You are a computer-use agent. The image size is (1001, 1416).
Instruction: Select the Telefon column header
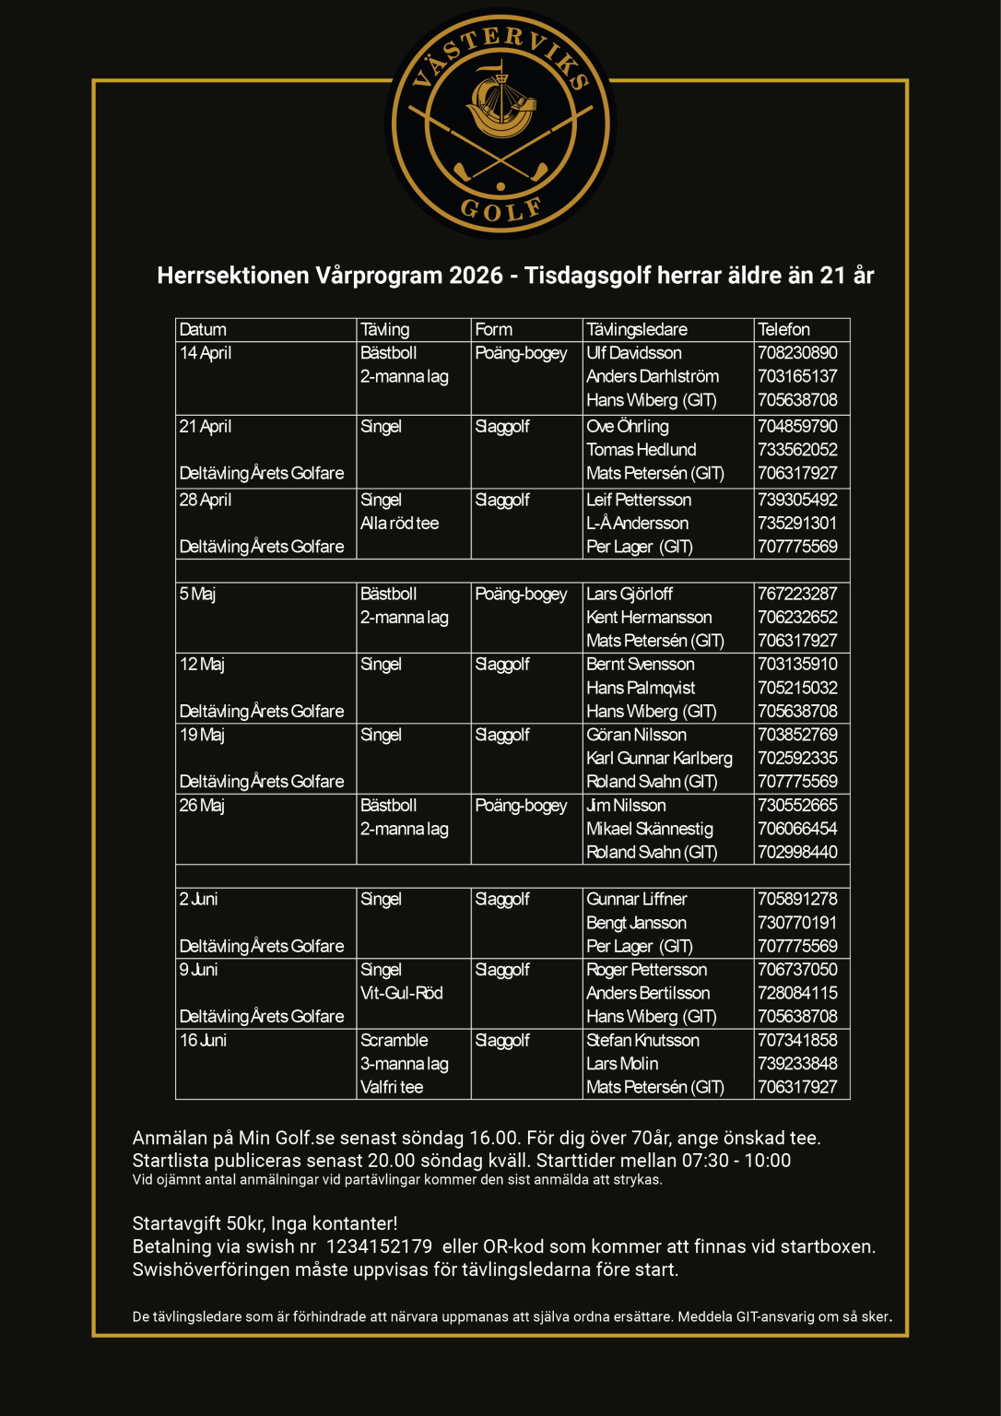783,330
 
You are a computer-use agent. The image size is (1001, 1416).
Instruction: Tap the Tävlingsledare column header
637,330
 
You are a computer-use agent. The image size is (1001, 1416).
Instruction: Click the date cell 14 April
206,353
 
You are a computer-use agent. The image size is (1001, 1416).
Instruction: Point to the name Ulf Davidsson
634,353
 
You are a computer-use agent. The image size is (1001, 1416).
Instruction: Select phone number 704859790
797,427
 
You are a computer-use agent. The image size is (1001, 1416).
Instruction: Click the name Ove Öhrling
628,427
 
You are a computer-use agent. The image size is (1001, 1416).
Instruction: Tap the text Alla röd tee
399,524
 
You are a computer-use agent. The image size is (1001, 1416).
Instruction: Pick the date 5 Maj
197,595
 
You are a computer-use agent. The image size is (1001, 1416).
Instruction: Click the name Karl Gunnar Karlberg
659,759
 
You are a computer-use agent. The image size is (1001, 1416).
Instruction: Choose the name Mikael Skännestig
650,829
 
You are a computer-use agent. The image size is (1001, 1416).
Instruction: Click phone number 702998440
797,853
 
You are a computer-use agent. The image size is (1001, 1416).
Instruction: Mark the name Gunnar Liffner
637,900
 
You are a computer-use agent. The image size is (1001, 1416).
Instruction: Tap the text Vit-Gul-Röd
402,993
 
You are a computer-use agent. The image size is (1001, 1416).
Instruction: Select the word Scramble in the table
395,1041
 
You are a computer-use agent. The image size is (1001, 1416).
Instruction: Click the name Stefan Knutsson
642,1041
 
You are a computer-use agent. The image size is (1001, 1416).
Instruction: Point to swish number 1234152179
379,1247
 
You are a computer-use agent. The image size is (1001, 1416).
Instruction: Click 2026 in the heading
476,276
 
